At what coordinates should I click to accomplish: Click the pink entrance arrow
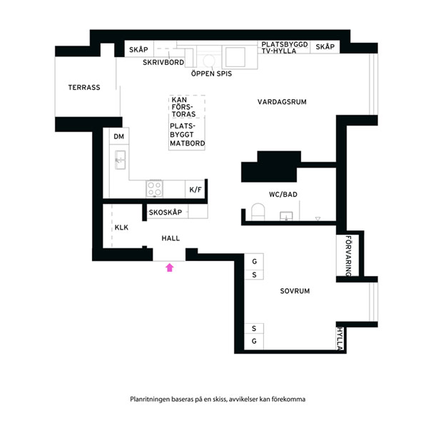170,267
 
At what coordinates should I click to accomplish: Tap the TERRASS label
84,87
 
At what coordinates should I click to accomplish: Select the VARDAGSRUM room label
282,102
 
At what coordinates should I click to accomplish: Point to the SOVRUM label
295,291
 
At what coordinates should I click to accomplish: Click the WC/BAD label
283,194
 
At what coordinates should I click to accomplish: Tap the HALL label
170,238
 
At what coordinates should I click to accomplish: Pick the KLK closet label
121,228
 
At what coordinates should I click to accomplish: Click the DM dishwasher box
119,136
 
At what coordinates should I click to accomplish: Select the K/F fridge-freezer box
195,189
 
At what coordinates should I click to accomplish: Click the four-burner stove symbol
155,188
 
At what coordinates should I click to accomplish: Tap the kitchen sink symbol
120,160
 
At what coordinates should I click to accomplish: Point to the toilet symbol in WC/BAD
258,212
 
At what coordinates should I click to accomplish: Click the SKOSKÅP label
165,213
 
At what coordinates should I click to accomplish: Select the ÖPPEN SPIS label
211,73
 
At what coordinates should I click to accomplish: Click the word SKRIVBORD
163,63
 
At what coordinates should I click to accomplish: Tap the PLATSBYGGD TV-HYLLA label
285,48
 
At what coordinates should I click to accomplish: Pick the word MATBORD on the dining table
187,143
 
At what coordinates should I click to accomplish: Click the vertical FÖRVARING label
348,256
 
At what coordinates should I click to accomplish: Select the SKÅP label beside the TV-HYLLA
325,46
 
